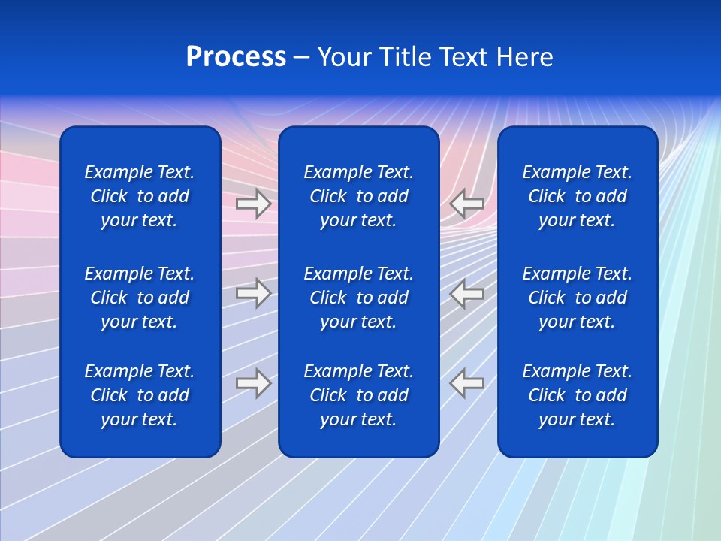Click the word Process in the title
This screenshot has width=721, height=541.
236,57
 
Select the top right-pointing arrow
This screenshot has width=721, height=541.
253,204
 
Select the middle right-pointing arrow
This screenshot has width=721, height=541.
253,293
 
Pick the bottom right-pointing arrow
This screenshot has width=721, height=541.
253,382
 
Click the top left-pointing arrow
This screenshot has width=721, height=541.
467,204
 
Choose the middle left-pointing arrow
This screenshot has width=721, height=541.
467,293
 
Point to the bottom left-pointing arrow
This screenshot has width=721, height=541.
467,382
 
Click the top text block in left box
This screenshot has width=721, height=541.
140,196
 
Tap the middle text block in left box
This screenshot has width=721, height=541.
140,298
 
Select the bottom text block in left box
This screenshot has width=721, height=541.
140,395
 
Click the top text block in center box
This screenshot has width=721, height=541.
358,196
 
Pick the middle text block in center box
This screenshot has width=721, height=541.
358,298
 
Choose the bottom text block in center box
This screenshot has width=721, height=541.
358,395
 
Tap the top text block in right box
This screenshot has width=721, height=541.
577,196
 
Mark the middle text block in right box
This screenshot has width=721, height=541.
577,298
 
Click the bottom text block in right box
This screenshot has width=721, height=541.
577,395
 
